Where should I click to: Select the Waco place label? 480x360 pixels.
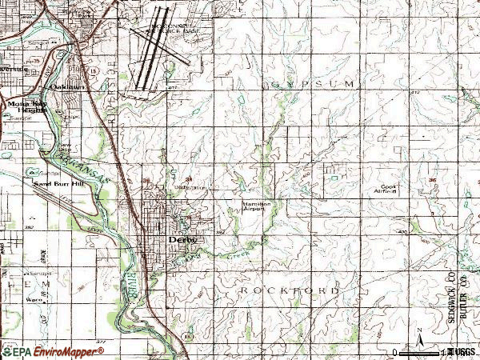coord(33,300)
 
